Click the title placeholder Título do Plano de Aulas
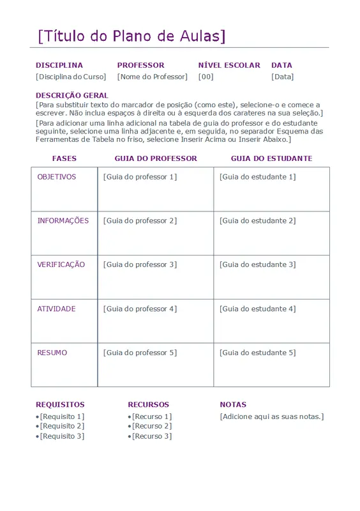click(x=132, y=36)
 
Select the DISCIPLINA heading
click(x=59, y=65)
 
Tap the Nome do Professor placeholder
click(x=153, y=77)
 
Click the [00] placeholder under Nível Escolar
click(x=206, y=77)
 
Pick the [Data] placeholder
click(x=282, y=77)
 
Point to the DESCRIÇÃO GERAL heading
click(x=72, y=95)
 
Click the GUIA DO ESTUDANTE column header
click(x=271, y=158)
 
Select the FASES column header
click(x=64, y=158)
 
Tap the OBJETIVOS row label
click(x=57, y=177)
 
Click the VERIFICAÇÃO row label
click(x=61, y=264)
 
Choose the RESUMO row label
click(x=52, y=353)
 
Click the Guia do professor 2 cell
click(x=140, y=221)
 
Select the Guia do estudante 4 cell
click(x=257, y=309)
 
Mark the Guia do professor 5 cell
click(x=140, y=353)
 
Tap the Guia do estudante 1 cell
click(x=257, y=177)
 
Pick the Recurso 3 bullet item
click(x=151, y=436)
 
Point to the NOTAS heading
click(x=233, y=404)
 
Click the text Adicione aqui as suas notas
click(x=272, y=416)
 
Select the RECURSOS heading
click(x=149, y=404)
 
